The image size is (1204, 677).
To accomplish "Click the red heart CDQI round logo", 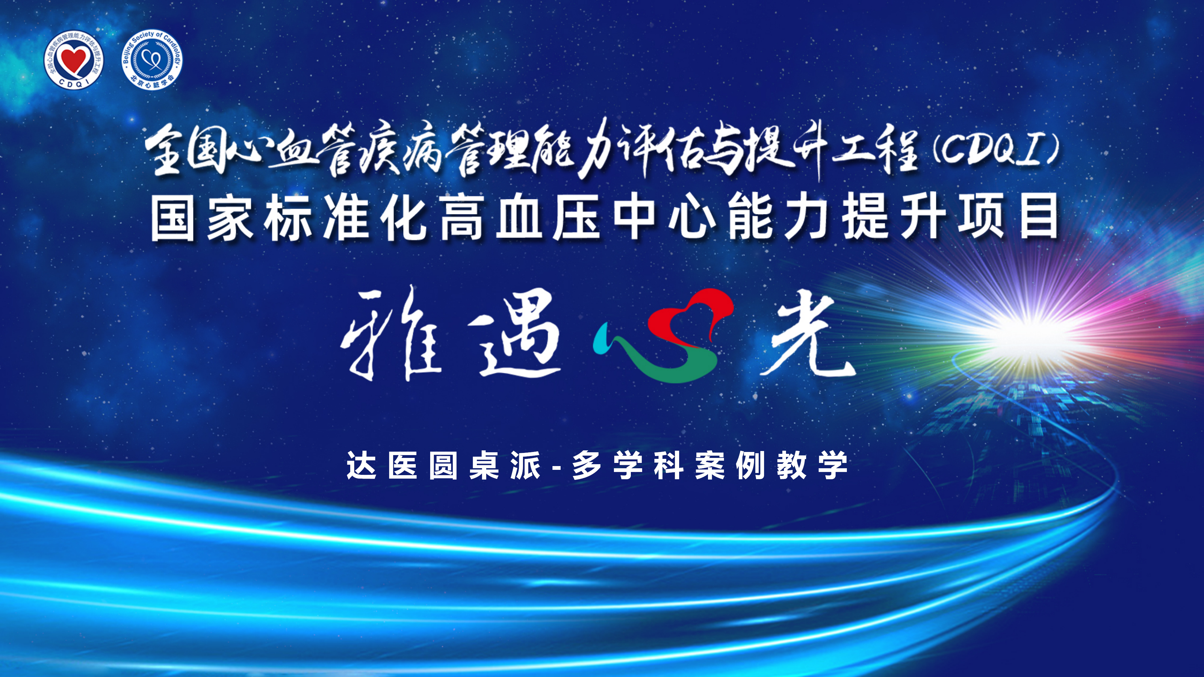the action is (x=74, y=59).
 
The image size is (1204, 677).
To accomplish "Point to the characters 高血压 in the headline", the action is (x=519, y=218).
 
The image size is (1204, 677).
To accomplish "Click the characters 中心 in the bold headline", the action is (x=664, y=218).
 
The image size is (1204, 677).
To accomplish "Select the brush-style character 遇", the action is (x=514, y=334).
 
